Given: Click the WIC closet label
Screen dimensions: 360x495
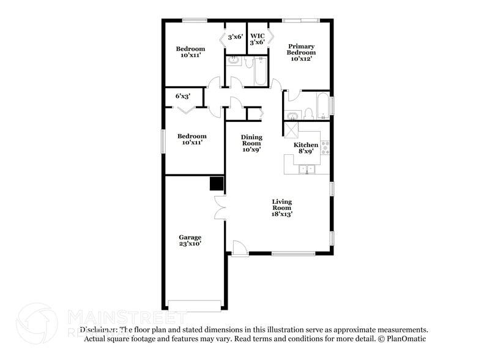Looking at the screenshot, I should pyautogui.click(x=258, y=39).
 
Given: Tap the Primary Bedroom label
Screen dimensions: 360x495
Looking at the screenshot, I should pyautogui.click(x=302, y=53).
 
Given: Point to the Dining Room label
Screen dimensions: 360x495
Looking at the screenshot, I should pyautogui.click(x=251, y=143).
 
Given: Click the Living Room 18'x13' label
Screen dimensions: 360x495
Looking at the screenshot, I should pyautogui.click(x=282, y=208).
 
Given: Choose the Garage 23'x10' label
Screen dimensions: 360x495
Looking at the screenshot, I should pyautogui.click(x=190, y=240).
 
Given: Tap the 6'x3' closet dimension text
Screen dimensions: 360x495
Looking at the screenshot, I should pyautogui.click(x=183, y=96).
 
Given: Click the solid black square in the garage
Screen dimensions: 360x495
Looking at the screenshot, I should pyautogui.click(x=217, y=184).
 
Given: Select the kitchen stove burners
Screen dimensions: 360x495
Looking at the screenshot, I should pyautogui.click(x=325, y=147).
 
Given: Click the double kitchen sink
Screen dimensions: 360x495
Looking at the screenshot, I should pyautogui.click(x=307, y=170).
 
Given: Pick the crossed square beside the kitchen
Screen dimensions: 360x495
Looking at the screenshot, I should pyautogui.click(x=291, y=129).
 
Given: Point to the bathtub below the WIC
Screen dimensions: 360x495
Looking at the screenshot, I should pyautogui.click(x=259, y=72).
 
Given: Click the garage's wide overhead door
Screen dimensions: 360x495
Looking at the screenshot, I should pyautogui.click(x=194, y=304).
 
